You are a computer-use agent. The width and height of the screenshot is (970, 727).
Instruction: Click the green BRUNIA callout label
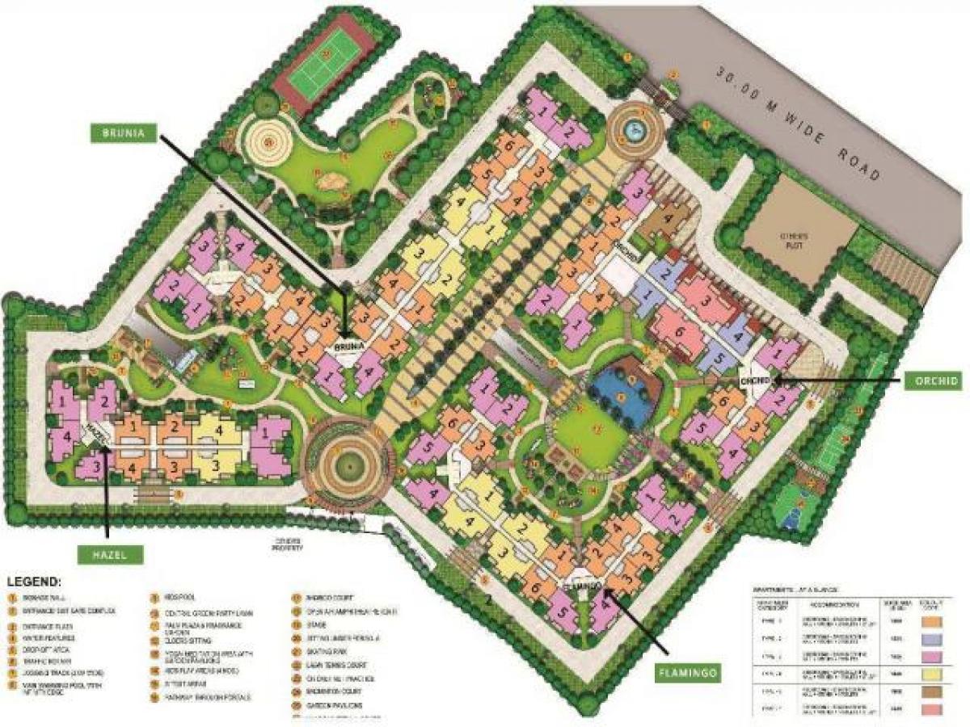124,132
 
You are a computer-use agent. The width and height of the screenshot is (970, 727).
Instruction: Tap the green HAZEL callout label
111,553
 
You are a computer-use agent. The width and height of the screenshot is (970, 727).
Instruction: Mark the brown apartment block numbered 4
668,217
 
